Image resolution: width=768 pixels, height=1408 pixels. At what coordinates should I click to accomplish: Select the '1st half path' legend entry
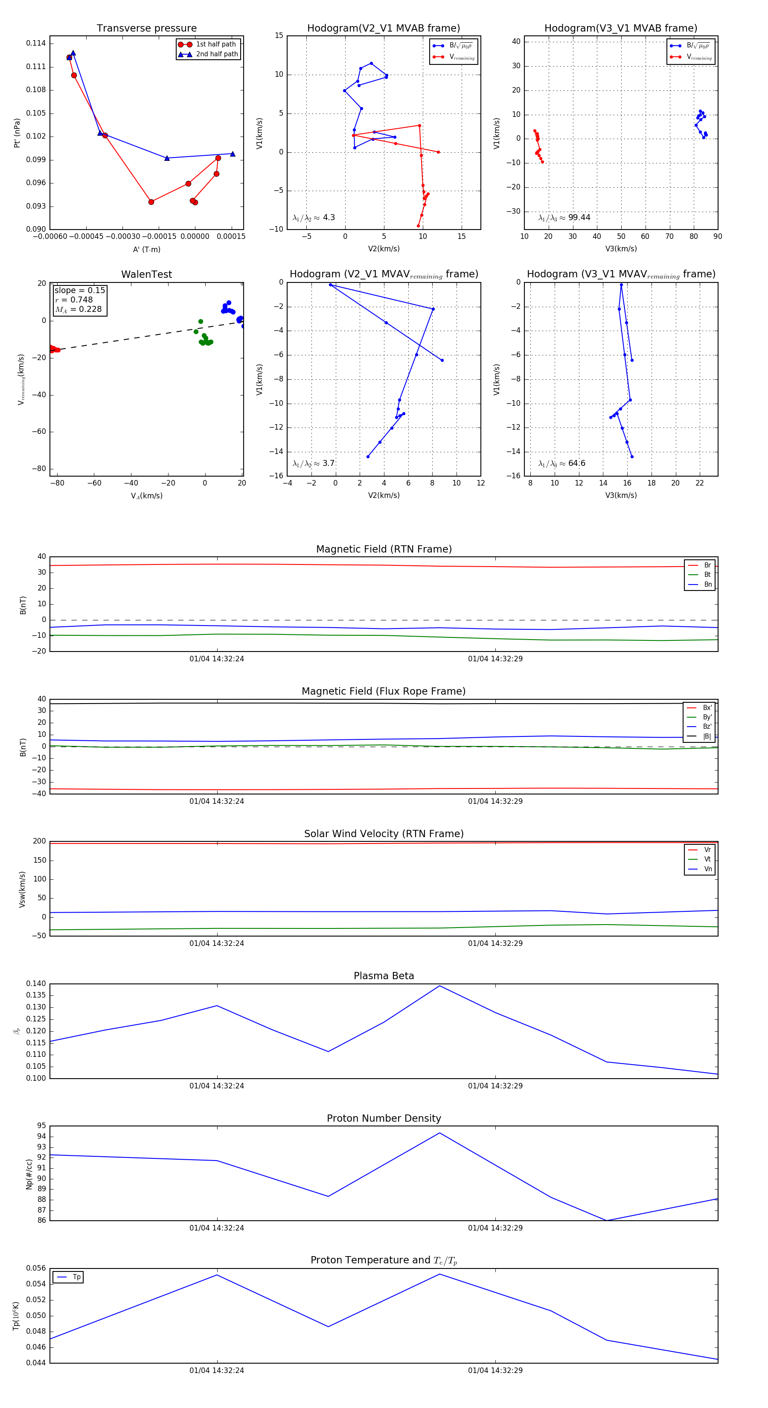(x=215, y=44)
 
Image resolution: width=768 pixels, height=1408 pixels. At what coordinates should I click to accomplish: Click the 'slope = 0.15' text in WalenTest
(x=79, y=290)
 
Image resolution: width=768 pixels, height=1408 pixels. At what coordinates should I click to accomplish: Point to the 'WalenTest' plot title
(x=146, y=274)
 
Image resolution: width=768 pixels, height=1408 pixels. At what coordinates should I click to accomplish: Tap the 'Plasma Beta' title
(x=384, y=976)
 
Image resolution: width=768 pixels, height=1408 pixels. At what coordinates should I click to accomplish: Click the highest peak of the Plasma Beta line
(x=440, y=986)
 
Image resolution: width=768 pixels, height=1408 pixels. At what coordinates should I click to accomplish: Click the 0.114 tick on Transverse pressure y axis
(x=36, y=44)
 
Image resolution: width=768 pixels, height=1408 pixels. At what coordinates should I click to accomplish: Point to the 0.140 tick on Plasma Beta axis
(x=36, y=984)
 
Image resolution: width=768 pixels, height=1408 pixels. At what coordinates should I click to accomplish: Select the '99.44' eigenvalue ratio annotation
(x=579, y=218)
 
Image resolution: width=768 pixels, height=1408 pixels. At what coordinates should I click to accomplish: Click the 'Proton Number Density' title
(x=384, y=1118)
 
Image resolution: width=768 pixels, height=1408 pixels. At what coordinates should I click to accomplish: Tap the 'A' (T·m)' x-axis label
(x=146, y=250)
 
